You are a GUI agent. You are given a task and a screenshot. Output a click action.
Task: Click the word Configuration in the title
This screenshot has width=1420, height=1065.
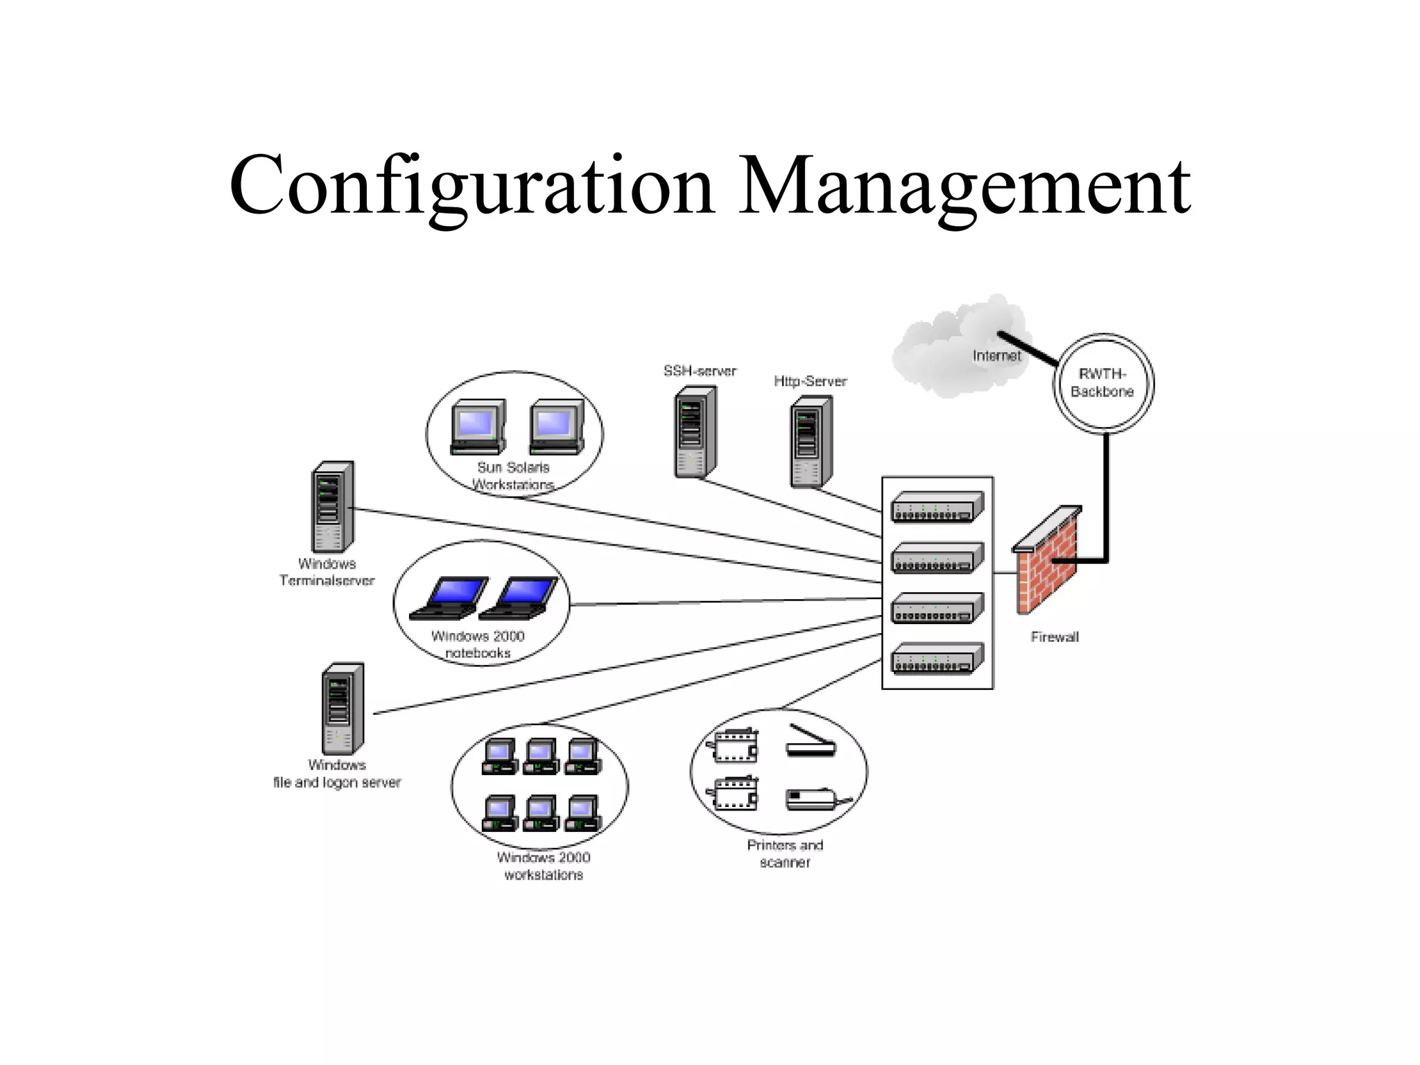coord(471,186)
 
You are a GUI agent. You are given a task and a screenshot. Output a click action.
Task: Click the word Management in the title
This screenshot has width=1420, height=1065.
coord(964,186)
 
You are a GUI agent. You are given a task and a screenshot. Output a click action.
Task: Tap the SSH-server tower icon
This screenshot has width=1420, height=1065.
coord(695,432)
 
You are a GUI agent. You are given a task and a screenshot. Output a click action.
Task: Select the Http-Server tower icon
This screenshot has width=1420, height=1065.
coord(811,442)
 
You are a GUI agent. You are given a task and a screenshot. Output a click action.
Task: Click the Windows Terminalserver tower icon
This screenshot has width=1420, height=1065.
coord(331,507)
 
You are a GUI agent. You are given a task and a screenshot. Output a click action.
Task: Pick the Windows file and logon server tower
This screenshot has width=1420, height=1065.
coord(343,709)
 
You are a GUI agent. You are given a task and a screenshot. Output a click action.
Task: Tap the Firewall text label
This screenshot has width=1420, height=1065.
coord(1054,637)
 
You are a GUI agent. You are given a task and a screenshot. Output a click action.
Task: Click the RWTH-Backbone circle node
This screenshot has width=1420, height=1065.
coord(1103,383)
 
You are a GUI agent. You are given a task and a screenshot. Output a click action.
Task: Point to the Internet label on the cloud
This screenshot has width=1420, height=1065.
coord(996,356)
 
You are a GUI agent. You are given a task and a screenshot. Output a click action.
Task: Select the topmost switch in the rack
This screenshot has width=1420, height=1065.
coord(937,507)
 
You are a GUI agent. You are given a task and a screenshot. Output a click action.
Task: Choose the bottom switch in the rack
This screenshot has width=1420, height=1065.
coord(937,659)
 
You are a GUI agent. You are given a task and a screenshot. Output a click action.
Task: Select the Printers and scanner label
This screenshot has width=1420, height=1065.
coord(785,854)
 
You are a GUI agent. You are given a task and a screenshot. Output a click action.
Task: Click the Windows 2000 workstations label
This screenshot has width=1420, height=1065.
coord(544,866)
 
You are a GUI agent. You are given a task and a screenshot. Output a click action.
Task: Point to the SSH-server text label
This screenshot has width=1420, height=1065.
coord(700,371)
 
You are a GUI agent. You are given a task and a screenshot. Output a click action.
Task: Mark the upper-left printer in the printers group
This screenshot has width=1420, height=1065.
coord(734,746)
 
